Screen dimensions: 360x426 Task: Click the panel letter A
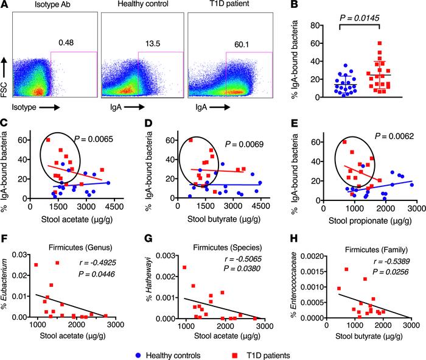pyautogui.click(x=5, y=5)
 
